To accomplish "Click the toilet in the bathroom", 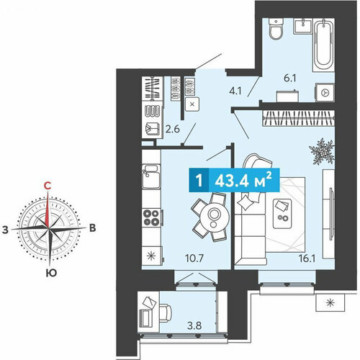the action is coord(276,29).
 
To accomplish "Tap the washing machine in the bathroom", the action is coord(325,92).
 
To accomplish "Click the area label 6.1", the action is coord(290,78).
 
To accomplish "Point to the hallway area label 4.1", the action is coord(235,91).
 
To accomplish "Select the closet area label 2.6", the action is coord(173,130).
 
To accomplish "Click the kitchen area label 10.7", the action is coord(194,258).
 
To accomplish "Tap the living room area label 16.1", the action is coord(307,258).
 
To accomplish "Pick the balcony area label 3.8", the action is coord(194,326).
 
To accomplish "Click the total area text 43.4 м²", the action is coord(243,181).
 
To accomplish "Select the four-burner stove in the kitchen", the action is coord(151,218).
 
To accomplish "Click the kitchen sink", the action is coord(151,176).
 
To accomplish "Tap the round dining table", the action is coord(215,217).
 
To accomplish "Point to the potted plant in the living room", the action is coord(322,152).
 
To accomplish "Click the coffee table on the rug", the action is coord(282,214).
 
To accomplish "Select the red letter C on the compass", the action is coord(48,186).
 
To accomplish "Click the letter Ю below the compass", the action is coord(51,273).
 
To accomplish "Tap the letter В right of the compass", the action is coord(93,228).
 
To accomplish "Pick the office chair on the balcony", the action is coord(165,312).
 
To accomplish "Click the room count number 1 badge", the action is coord(199,181).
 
